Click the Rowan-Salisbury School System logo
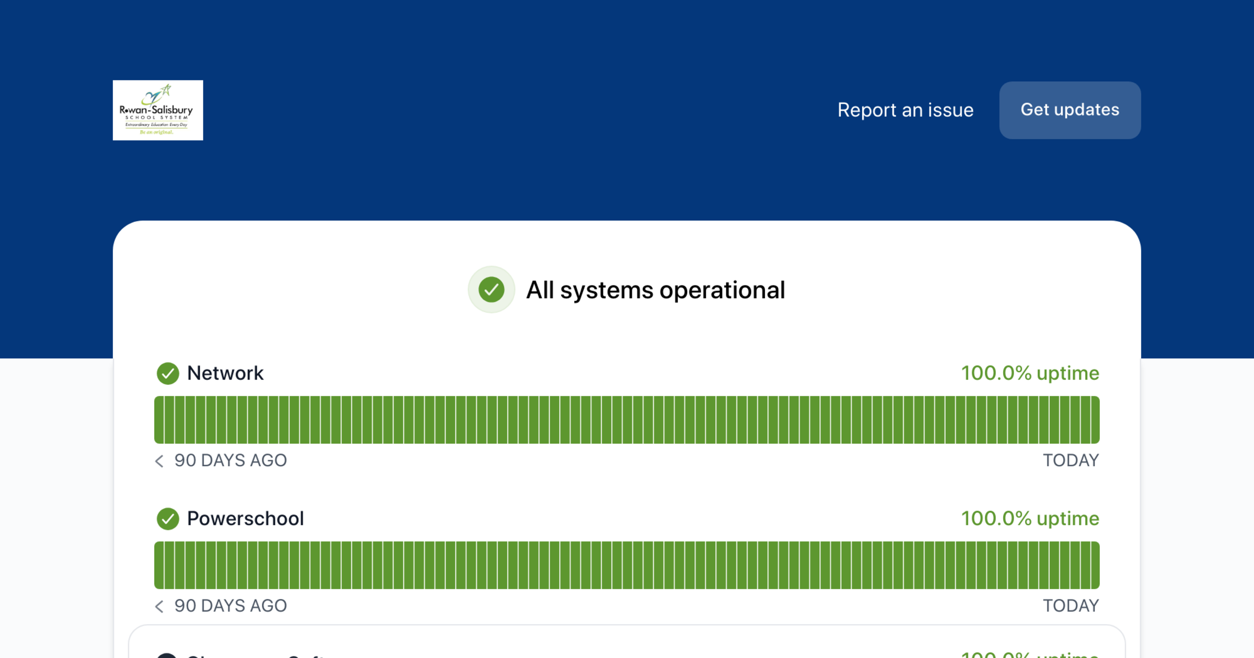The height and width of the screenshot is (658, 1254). [158, 110]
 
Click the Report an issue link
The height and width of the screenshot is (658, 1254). [905, 110]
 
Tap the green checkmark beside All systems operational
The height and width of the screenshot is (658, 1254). [491, 290]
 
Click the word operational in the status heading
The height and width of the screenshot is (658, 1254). [722, 290]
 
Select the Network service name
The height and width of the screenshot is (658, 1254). [225, 373]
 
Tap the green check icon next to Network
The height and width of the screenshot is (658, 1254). [168, 373]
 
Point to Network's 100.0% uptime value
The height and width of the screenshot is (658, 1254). [1030, 373]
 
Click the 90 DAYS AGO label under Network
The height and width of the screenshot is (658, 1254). [230, 461]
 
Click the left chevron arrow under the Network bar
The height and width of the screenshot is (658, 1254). [159, 461]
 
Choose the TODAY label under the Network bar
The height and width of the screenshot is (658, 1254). [1071, 461]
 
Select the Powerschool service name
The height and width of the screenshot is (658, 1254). [245, 519]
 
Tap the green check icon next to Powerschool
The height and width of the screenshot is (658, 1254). [168, 519]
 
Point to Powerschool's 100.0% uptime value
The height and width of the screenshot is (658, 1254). [1030, 519]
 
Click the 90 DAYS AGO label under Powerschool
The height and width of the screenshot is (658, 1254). [230, 606]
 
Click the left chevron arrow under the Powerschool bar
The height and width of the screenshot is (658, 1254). [159, 606]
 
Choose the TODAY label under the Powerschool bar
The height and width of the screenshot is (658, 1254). [1071, 606]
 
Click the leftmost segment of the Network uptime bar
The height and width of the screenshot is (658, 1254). [159, 420]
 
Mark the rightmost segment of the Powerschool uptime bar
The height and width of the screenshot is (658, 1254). [1095, 565]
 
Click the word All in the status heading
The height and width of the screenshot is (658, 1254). [540, 290]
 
